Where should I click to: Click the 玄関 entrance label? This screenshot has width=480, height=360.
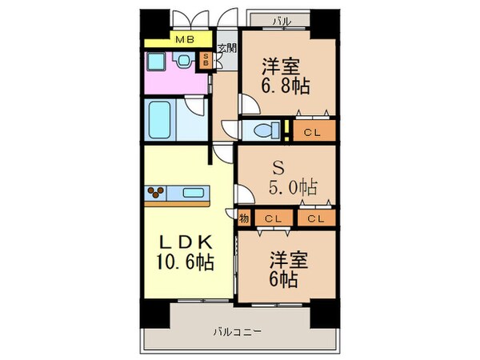[226, 47]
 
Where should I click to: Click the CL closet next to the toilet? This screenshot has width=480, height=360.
[312, 131]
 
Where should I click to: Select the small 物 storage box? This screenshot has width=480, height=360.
[242, 217]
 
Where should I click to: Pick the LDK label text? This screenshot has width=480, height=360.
[184, 242]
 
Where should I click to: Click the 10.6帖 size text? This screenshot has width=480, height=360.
[185, 261]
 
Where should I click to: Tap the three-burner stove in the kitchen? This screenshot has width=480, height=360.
[156, 192]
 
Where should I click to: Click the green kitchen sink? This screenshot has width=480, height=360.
[193, 192]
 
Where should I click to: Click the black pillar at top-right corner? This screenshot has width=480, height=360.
[323, 24]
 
